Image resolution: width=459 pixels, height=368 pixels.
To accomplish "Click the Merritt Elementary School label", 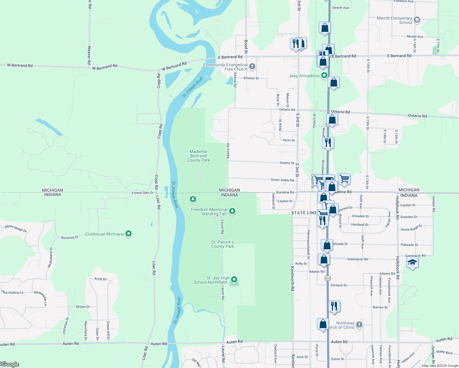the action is [x=394, y=20].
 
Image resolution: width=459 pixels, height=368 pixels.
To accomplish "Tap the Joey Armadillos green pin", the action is [x=324, y=76].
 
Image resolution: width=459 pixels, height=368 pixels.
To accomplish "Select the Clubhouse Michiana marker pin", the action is [x=129, y=234].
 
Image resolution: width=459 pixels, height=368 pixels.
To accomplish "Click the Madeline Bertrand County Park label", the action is [x=198, y=156].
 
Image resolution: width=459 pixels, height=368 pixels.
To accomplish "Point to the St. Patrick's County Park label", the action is [x=222, y=244].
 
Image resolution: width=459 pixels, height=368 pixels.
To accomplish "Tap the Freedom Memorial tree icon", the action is [x=232, y=211].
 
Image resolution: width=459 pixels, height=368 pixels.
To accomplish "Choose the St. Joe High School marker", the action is [x=234, y=279].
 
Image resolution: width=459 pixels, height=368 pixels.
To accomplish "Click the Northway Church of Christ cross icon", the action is [x=359, y=324].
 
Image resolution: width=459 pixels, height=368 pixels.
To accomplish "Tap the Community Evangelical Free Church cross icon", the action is [x=252, y=66].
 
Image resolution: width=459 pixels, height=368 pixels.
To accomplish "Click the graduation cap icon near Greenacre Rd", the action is [x=412, y=263].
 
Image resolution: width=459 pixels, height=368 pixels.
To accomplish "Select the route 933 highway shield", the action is [x=328, y=278].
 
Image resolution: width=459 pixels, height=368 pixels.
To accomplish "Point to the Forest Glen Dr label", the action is [x=143, y=193].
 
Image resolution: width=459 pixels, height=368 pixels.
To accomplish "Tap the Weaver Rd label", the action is [x=89, y=52].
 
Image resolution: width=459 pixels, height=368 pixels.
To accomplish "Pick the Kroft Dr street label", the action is [x=101, y=279].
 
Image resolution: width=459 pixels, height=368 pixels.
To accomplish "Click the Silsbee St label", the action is [x=251, y=78].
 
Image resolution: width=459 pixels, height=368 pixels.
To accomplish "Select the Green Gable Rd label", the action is [x=282, y=180].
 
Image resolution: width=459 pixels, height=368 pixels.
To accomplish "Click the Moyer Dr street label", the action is [x=83, y=307].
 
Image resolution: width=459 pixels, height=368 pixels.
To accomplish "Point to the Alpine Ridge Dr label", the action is [x=16, y=228].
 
